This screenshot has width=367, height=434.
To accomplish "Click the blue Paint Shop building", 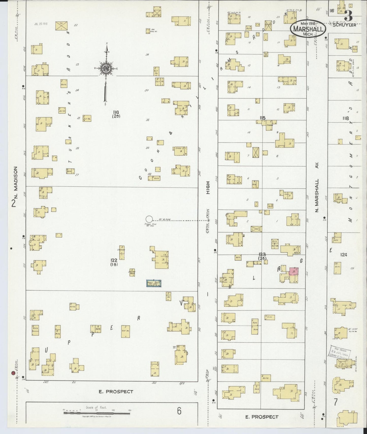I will [154, 283].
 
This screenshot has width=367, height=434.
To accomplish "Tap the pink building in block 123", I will [294, 271].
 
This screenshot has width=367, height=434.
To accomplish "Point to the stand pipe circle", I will [149, 219].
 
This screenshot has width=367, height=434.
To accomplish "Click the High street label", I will [208, 188].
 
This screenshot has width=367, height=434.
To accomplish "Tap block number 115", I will [262, 118].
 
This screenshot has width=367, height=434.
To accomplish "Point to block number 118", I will [345, 118].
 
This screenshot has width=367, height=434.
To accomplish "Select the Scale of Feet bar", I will [97, 413].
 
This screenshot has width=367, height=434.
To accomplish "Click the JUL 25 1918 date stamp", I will [41, 24].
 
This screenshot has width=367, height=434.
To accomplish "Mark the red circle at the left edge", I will [13, 373].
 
